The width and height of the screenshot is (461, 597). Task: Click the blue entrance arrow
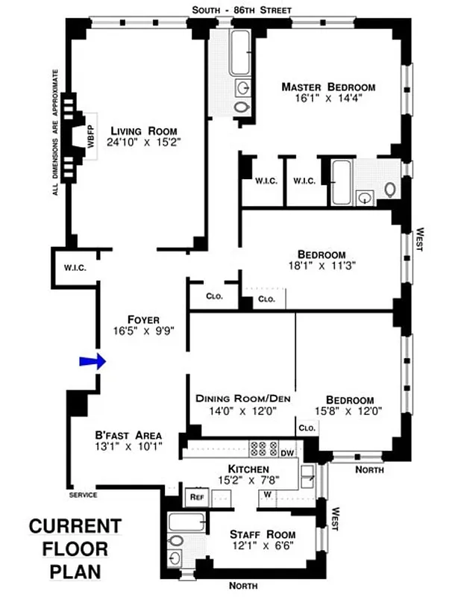93,362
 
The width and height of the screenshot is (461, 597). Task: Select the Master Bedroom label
328,87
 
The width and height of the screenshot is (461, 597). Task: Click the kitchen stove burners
263,449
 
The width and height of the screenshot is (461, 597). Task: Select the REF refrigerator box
198,496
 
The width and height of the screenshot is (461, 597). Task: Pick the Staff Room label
262,534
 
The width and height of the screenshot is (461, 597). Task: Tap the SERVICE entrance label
84,495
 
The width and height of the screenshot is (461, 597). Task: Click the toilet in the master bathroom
243,107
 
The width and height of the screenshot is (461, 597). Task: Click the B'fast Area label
128,435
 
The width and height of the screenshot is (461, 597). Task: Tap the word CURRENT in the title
75,526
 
